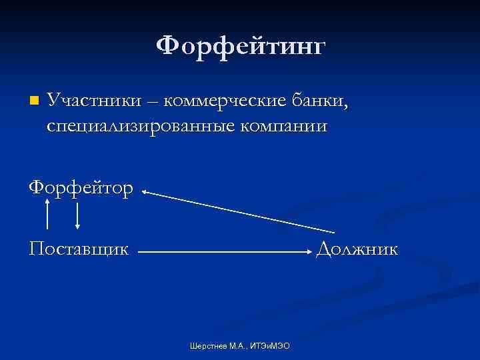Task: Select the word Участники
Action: pos(94,101)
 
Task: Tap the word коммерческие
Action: pos(225,101)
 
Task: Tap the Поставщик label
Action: pos(79,249)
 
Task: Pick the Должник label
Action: pos(357,249)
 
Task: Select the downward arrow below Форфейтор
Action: pos(78,215)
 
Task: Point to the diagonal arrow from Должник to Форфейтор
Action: pos(230,213)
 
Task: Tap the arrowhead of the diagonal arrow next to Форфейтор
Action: pos(145,193)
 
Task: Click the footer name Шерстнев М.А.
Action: pos(217,346)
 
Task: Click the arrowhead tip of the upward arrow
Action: pos(47,199)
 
